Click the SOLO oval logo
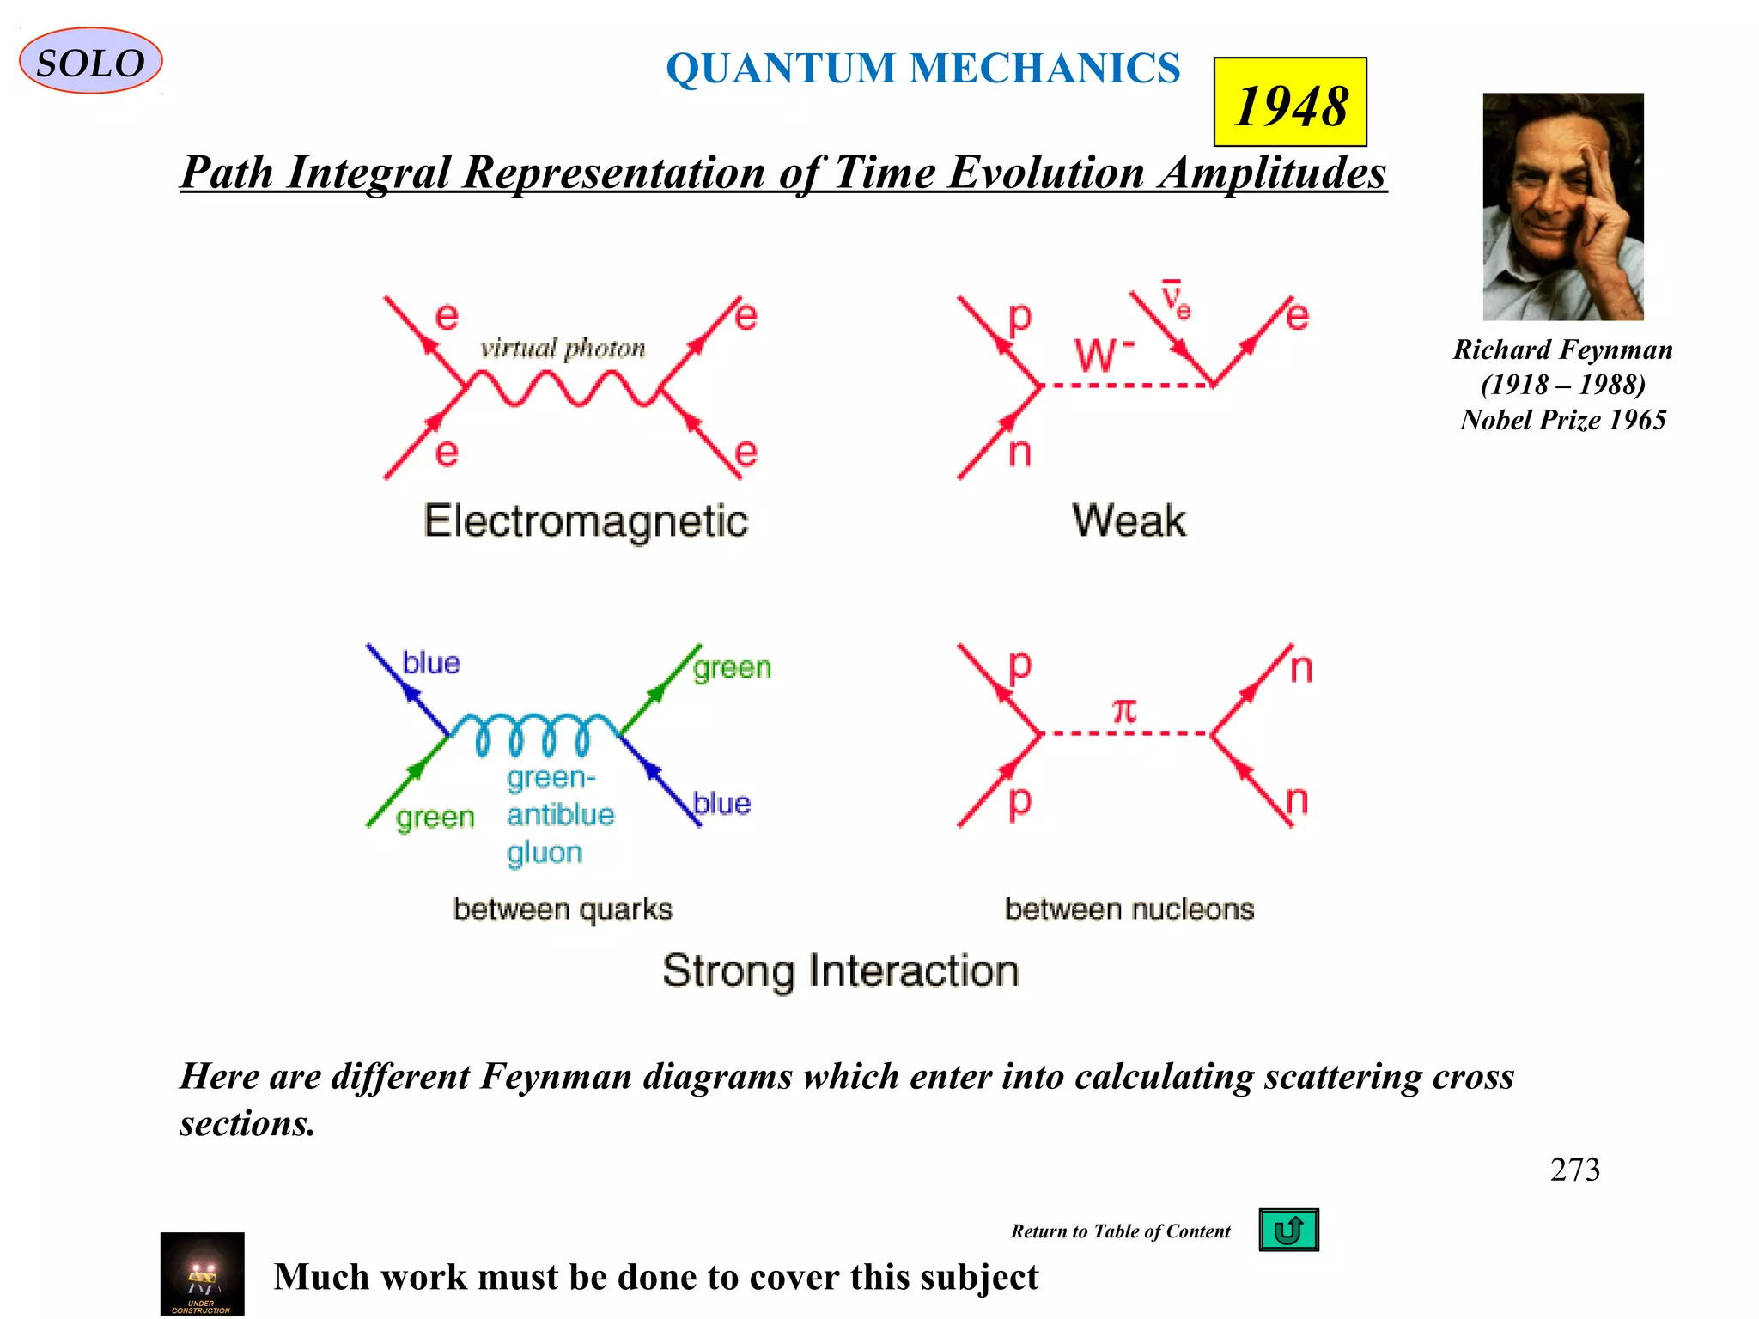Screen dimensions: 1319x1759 pos(90,61)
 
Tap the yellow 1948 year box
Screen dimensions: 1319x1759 pos(1289,102)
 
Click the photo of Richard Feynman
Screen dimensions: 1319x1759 pos(1562,207)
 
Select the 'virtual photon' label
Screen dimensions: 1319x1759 pos(563,349)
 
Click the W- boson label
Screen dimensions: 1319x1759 pos(1103,354)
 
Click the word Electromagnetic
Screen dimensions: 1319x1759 pos(586,521)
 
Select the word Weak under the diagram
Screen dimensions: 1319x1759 pos(1129,520)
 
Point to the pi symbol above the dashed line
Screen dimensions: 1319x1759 pos(1124,710)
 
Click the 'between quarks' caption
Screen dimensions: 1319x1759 pos(563,909)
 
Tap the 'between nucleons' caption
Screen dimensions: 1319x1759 pos(1129,909)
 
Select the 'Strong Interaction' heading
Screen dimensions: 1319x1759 pos(840,971)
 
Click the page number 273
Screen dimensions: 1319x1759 pos(1574,1170)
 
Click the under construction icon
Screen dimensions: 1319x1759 pos(202,1274)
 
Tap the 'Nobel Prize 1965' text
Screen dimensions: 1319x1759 pos(1562,420)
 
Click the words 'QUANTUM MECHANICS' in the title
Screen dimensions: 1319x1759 pos(923,69)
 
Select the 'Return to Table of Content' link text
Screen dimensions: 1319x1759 pos(1120,1231)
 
